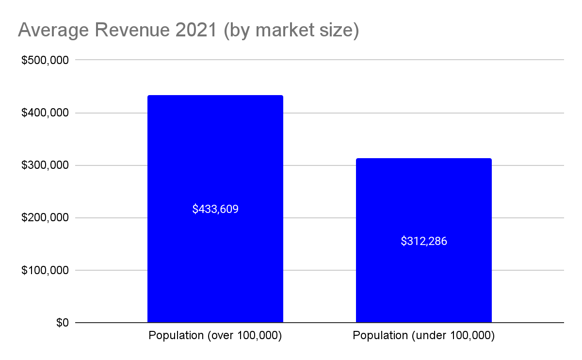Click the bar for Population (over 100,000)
(x=215, y=160)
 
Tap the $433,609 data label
(x=215, y=209)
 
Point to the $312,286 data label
(x=424, y=241)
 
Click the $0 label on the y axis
(x=62, y=323)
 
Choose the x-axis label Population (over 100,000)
(x=215, y=336)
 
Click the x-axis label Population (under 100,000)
(x=424, y=336)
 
